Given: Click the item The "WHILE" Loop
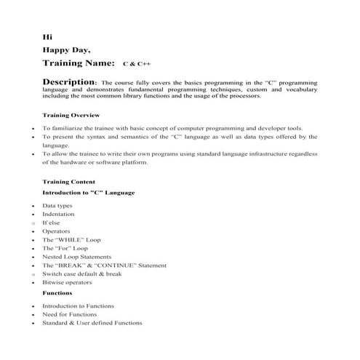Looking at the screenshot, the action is (x=71, y=240).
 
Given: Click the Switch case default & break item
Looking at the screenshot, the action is (x=81, y=273).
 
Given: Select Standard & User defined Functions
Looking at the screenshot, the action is (x=92, y=322).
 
